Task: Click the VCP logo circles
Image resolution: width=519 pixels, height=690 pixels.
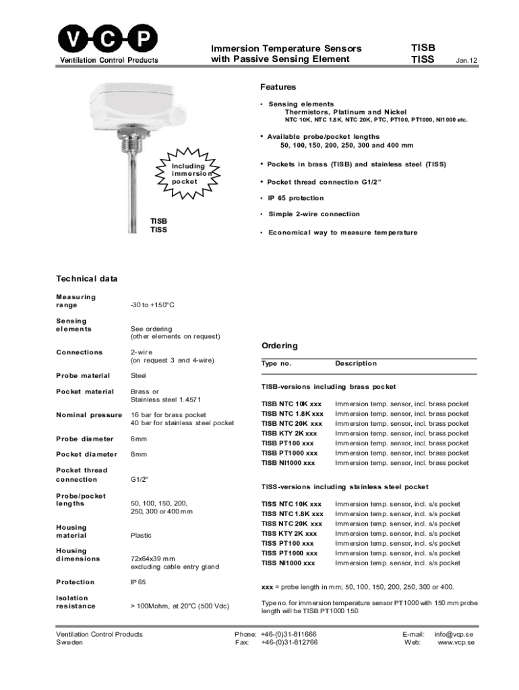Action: pos(109,41)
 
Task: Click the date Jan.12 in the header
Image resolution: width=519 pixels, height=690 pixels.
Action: pos(466,61)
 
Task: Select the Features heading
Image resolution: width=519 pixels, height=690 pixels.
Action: pos(278,87)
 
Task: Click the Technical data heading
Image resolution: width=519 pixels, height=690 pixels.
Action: pos(86,278)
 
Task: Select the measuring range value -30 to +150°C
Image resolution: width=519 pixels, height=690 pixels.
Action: pos(152,305)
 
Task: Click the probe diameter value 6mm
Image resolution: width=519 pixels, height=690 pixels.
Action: pos(139,439)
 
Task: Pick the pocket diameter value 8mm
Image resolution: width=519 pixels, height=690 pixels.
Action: pos(139,454)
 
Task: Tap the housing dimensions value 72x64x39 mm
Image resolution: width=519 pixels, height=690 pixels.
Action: pos(153,559)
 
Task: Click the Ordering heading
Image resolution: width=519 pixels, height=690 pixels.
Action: pos(279,346)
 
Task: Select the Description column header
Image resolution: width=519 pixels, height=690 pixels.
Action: pos(356,363)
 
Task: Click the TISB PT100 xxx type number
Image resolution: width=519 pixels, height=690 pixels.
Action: pos(287,443)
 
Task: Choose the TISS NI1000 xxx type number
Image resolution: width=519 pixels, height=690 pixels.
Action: pos(288,563)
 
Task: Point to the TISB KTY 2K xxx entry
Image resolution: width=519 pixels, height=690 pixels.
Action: pos(289,433)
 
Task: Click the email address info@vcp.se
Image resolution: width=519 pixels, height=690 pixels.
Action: pos(454,634)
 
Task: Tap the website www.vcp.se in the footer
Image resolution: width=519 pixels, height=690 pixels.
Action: pos(456,642)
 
